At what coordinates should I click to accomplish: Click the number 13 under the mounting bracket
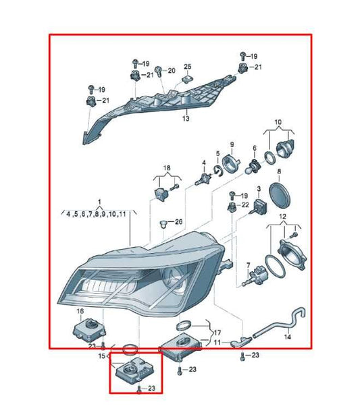(x=186, y=118)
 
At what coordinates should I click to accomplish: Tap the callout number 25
(x=188, y=66)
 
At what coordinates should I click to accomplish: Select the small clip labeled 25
(x=188, y=80)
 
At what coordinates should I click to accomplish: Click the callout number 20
(x=172, y=71)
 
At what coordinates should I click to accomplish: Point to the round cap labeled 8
(x=280, y=195)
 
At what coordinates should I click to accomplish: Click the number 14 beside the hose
(x=288, y=337)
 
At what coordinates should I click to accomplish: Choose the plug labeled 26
(x=163, y=224)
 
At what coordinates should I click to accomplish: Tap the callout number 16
(x=80, y=311)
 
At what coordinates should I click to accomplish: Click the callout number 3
(x=259, y=189)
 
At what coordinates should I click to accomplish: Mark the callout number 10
(x=278, y=122)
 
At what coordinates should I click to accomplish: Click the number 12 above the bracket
(x=283, y=216)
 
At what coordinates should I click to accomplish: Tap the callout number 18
(x=167, y=168)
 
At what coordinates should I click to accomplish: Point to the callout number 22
(x=245, y=205)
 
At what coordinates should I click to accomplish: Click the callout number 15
(x=101, y=356)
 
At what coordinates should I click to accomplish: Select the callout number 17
(x=217, y=333)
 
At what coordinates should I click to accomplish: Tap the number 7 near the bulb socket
(x=249, y=265)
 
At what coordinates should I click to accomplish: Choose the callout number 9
(x=232, y=144)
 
